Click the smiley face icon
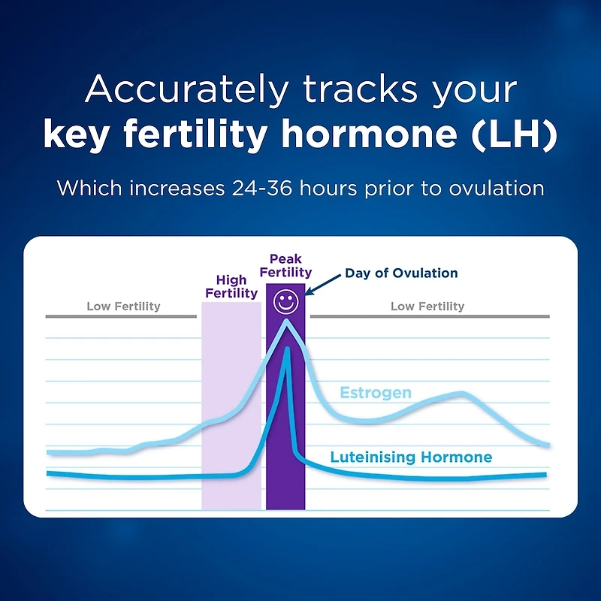coord(285,302)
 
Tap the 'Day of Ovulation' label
coord(401,273)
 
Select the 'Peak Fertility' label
coord(285,265)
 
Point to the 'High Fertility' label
coord(231,286)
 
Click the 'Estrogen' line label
coord(376,393)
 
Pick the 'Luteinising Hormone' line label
coord(411,457)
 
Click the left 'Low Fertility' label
coord(123,306)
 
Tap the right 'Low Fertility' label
coord(427,306)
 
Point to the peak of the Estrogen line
coord(286,322)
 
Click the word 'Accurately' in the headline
coord(186,90)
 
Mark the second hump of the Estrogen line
coord(461,394)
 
